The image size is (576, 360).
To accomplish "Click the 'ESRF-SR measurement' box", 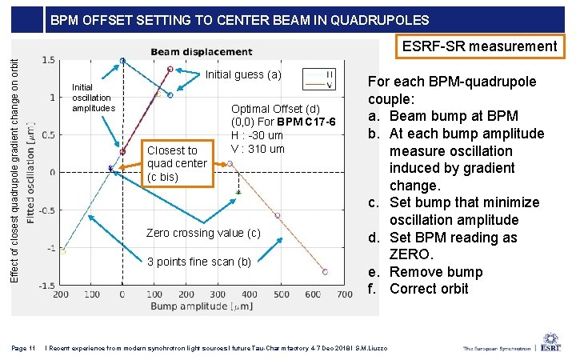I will [x=479, y=46].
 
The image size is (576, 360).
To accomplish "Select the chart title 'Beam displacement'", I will [x=201, y=53].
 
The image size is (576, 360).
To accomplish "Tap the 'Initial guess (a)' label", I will [x=244, y=75].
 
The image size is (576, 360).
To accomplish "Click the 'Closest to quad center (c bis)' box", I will [x=177, y=163].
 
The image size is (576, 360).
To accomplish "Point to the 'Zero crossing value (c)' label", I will [x=203, y=233].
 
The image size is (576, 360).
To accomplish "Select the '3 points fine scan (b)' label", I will [x=198, y=262].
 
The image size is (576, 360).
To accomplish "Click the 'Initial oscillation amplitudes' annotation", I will [x=94, y=98].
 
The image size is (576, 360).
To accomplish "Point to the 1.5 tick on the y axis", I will [x=49, y=60].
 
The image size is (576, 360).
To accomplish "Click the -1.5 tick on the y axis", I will [x=47, y=286].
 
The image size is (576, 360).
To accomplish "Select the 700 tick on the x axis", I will [x=345, y=295].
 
